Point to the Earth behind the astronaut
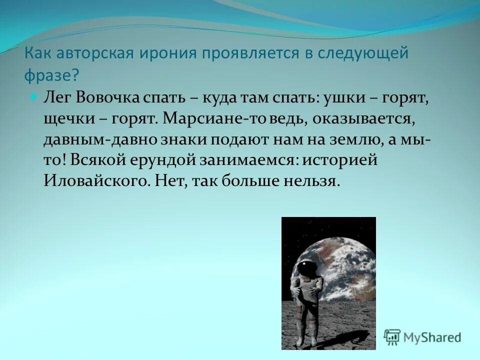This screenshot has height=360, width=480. click(345, 270)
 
